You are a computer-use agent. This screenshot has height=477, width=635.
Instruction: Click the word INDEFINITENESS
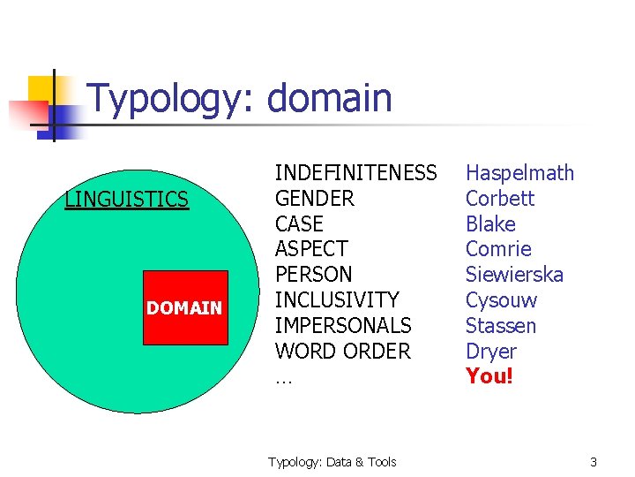(x=355, y=173)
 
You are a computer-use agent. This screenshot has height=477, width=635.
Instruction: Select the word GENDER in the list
(x=315, y=199)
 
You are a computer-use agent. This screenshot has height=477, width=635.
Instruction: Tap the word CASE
(x=299, y=224)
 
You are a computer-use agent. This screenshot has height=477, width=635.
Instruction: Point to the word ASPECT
(x=311, y=249)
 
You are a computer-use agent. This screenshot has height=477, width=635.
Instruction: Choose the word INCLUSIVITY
(x=337, y=300)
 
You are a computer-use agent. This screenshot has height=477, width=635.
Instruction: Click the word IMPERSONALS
(x=343, y=326)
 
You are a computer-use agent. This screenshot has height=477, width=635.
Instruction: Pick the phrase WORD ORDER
(x=343, y=352)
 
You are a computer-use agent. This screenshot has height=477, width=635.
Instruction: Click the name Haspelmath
(x=519, y=173)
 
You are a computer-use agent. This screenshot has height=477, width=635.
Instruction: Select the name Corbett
(x=500, y=199)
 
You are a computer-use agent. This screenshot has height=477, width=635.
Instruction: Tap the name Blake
(x=490, y=224)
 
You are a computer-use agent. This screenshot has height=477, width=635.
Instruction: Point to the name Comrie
(x=498, y=249)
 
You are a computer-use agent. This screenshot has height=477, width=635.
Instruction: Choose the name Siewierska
(x=514, y=275)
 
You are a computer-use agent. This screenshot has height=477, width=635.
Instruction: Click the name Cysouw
(x=501, y=300)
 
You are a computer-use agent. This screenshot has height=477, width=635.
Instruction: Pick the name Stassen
(x=500, y=326)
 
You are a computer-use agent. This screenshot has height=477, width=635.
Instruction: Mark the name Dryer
(x=491, y=352)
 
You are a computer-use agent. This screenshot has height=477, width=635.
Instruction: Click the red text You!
(x=489, y=376)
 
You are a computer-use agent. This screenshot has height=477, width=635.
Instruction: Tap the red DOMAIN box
(x=184, y=308)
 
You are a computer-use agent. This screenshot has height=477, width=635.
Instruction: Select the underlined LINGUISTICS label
(x=127, y=200)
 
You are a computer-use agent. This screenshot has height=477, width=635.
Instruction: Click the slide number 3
(x=594, y=462)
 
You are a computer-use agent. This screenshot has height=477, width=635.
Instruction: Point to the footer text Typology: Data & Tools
(x=332, y=462)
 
